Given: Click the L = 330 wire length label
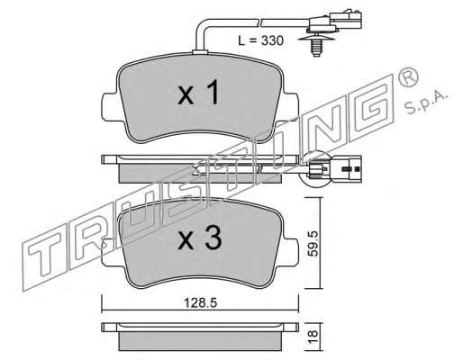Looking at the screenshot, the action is [x=260, y=40].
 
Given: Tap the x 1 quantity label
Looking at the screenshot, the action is [x=198, y=94].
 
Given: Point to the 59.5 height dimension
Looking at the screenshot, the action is [x=313, y=243].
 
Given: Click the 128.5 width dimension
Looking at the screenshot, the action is [x=200, y=303].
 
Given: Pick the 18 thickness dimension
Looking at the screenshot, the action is [x=313, y=337].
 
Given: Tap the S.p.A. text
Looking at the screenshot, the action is [x=427, y=102].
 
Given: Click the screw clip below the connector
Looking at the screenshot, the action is [x=314, y=45].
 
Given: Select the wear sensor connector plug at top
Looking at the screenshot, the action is [x=335, y=21].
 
